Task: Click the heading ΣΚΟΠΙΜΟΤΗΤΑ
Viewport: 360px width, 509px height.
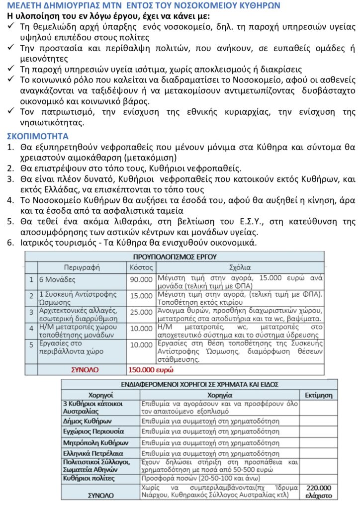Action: pyautogui.click(x=38, y=136)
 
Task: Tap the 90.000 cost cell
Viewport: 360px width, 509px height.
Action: pyautogui.click(x=141, y=279)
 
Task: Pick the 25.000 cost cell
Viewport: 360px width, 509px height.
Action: pyautogui.click(x=141, y=312)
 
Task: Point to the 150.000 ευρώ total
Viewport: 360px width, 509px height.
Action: pyautogui.click(x=149, y=370)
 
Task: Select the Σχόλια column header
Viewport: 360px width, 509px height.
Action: pyautogui.click(x=240, y=267)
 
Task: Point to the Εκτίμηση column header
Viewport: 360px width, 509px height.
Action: pyautogui.click(x=318, y=396)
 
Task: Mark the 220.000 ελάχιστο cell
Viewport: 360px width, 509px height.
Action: pyautogui.click(x=318, y=491)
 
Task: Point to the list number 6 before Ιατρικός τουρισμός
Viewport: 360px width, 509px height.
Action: pyautogui.click(x=9, y=243)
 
